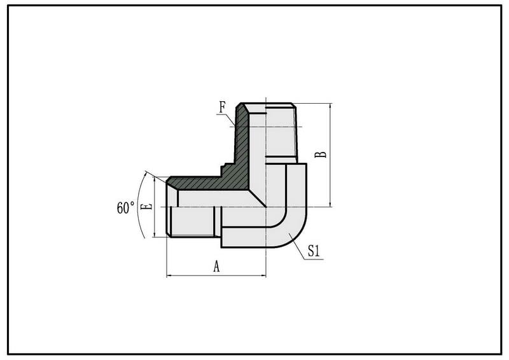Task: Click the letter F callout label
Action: [222, 107]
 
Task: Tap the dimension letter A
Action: [216, 267]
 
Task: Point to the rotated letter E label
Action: [148, 207]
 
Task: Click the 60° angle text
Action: [125, 207]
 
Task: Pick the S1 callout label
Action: [314, 251]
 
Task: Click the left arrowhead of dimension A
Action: [169, 275]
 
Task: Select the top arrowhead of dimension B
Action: [330, 106]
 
